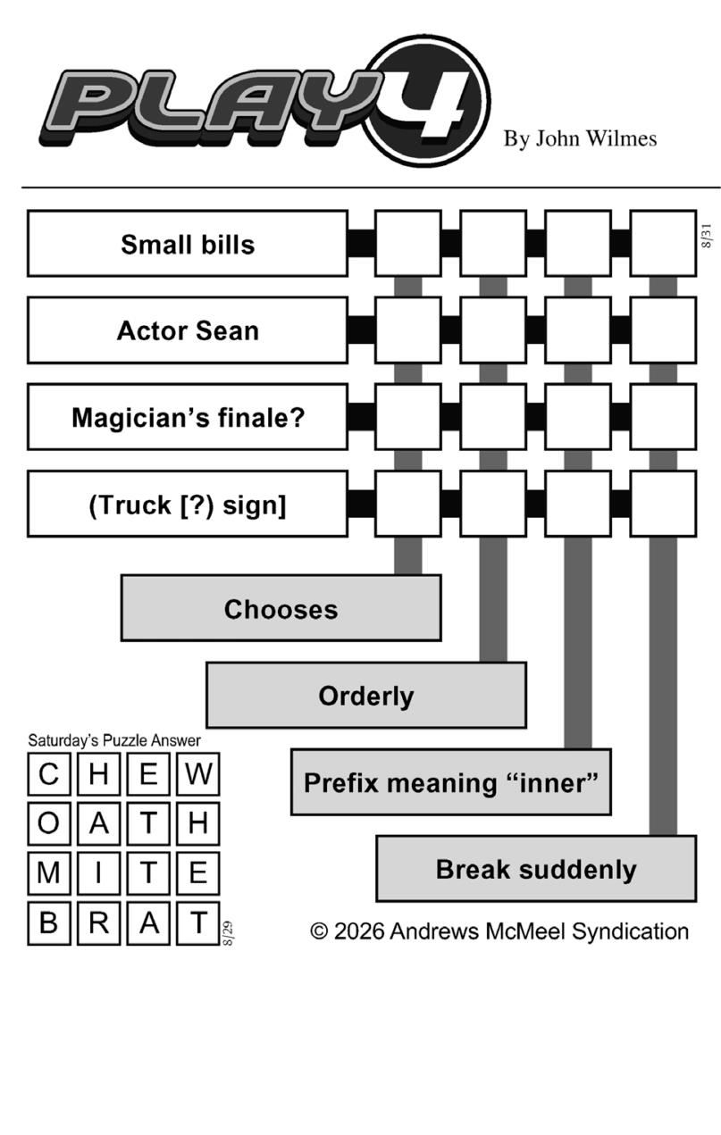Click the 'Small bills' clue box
pos(188,244)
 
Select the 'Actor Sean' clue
pos(188,330)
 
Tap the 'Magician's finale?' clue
pos(188,418)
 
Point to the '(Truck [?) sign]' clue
pos(188,505)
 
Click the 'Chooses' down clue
pos(281,608)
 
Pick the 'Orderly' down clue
pos(366,695)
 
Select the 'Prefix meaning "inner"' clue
pos(451,782)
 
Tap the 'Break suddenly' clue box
pos(536,869)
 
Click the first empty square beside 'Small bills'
pos(408,244)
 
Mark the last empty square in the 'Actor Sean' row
pos(663,330)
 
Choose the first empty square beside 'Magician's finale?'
pos(408,418)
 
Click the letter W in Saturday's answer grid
pos(197,774)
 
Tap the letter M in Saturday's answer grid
pos(48,873)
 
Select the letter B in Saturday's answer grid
pos(48,922)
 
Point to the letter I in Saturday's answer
pos(98,873)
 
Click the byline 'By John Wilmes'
pos(580,138)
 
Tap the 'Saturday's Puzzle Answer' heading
pos(114,740)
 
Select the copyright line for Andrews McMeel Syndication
pos(499,931)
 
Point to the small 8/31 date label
pos(706,236)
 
